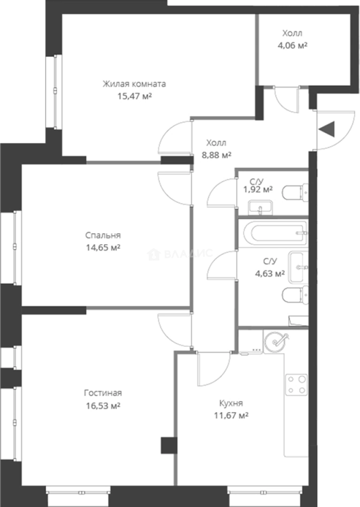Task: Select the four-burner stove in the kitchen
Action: click(296, 385)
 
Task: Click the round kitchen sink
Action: click(276, 341)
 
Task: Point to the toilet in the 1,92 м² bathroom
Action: click(295, 193)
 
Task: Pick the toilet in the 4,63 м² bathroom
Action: click(295, 295)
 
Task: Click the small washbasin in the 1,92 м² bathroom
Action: click(260, 207)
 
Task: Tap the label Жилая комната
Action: click(134, 84)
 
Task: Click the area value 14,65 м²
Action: click(103, 248)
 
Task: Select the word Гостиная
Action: click(103, 393)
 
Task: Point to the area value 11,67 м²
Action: click(231, 415)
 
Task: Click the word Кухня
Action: click(231, 403)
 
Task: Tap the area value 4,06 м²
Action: click(292, 45)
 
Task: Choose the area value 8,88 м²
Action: click(216, 155)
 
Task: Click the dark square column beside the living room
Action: click(169, 445)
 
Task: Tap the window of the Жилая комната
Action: click(55, 92)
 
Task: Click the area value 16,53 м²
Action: click(103, 406)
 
